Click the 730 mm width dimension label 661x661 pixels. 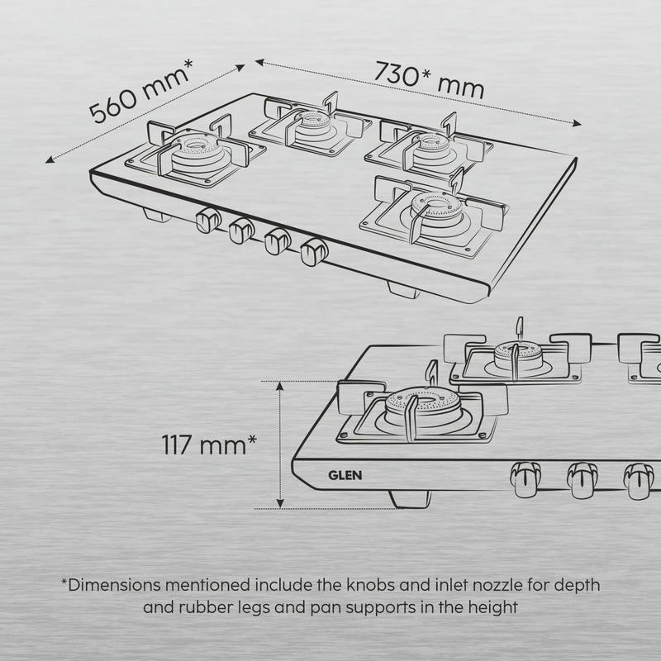(x=429, y=80)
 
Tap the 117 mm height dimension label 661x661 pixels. (x=209, y=445)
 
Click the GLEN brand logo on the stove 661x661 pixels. (x=345, y=476)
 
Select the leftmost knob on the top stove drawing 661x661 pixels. (x=208, y=220)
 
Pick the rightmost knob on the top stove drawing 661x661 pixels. (x=315, y=252)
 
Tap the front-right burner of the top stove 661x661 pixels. (x=437, y=210)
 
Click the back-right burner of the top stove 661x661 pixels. (x=432, y=147)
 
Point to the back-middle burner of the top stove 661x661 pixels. (x=313, y=122)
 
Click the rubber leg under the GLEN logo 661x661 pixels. (x=410, y=499)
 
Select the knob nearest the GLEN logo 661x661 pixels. (x=525, y=479)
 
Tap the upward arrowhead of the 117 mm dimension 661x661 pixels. (x=280, y=386)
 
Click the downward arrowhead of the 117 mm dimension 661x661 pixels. (x=280, y=503)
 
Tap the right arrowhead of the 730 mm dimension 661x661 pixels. (x=577, y=123)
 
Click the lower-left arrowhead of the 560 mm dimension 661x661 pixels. (x=50, y=159)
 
